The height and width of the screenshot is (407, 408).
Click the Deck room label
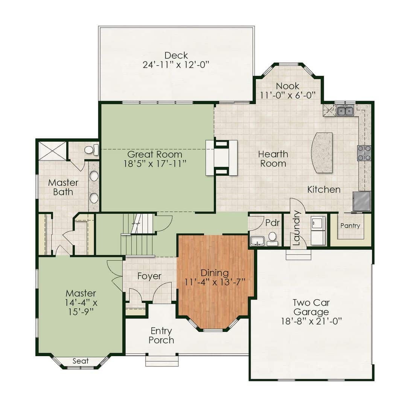click(176, 55)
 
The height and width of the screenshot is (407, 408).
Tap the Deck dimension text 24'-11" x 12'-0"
click(176, 64)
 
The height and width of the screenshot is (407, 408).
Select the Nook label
click(288, 86)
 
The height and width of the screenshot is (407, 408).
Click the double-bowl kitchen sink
click(345, 110)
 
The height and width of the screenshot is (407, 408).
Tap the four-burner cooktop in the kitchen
click(364, 153)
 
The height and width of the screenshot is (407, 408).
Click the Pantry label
click(350, 226)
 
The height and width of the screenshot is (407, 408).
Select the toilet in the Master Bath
click(91, 150)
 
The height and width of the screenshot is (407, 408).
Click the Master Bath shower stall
click(53, 151)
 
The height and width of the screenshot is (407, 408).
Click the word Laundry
click(297, 228)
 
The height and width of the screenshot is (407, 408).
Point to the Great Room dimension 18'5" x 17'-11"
click(155, 164)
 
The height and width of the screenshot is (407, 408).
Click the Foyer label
click(149, 276)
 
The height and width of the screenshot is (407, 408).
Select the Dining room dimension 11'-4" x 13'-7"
click(215, 282)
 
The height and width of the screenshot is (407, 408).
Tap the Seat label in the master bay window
click(81, 361)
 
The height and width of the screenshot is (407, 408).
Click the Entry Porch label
click(161, 335)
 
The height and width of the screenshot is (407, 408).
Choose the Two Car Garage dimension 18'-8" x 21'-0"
click(311, 321)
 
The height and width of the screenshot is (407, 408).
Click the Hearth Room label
click(273, 159)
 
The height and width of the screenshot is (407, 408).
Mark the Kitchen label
click(324, 190)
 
